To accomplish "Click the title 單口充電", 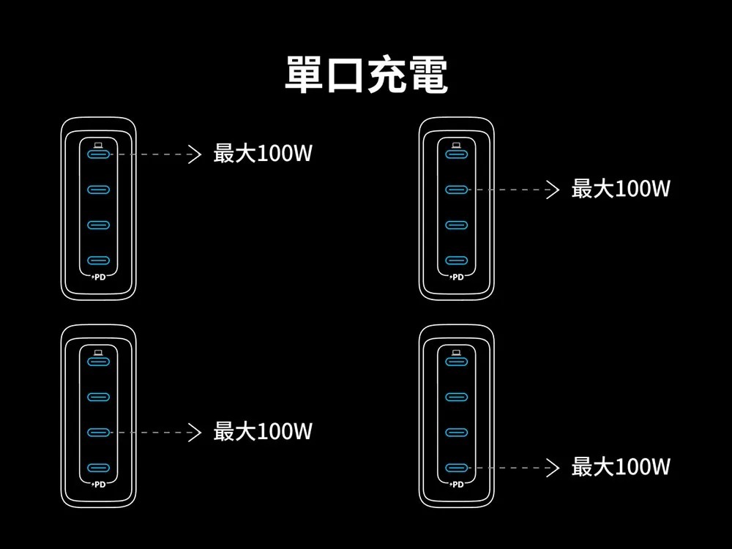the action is tap(367, 75).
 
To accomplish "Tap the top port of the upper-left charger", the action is tap(99, 154).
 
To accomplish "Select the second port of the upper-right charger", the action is tap(457, 190).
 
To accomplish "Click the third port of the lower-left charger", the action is tap(99, 433).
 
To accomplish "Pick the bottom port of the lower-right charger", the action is tap(457, 468).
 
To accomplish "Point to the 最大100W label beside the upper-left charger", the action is tap(263, 153).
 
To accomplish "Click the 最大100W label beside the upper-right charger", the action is tap(621, 189).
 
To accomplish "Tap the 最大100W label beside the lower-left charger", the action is tap(263, 431).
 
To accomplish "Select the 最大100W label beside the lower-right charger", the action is tap(621, 466).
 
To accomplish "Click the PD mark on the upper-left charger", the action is tap(99, 277).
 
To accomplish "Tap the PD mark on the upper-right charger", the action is tap(457, 277).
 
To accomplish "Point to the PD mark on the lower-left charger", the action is tap(99, 485).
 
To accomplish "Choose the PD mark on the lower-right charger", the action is tap(457, 485).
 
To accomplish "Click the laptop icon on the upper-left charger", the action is tap(99, 145).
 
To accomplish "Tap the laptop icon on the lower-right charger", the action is tap(457, 353).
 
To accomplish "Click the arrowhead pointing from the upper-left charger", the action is tap(195, 154).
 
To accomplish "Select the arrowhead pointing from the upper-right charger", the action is tap(553, 190).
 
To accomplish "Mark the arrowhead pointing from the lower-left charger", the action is tap(195, 433).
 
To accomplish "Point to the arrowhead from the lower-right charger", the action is tap(553, 468).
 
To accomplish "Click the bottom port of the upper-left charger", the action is tap(99, 261).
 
